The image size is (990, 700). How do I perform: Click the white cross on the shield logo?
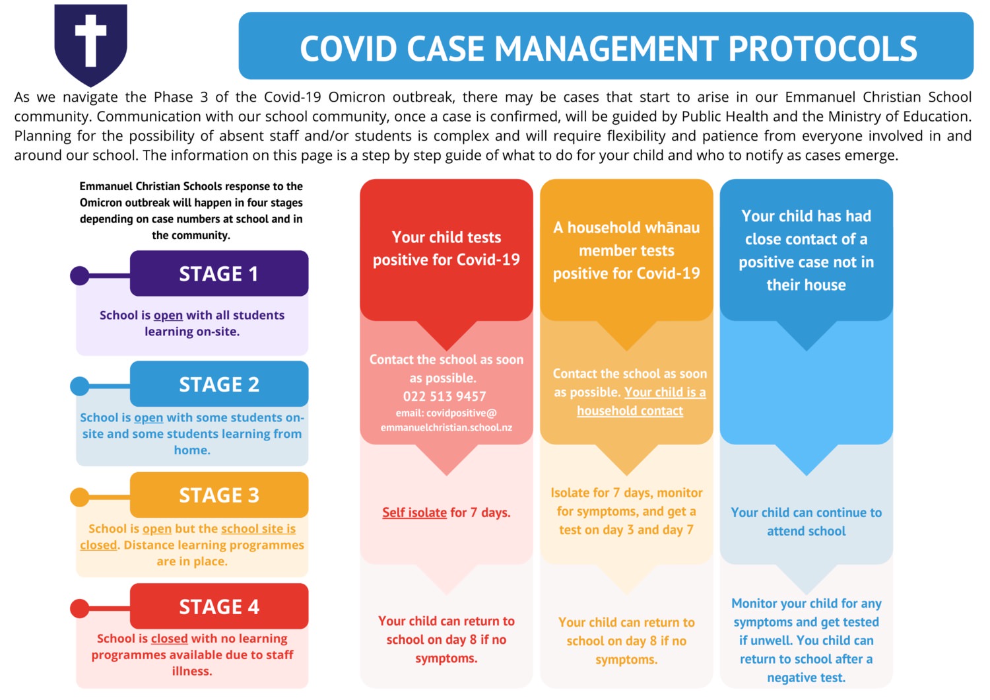point(90,40)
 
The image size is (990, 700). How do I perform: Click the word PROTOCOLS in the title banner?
point(822,48)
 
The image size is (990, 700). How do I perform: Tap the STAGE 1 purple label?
point(219,273)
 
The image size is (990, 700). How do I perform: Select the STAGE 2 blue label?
point(219,384)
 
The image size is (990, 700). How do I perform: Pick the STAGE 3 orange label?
point(219,495)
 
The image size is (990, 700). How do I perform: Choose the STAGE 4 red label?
point(219,606)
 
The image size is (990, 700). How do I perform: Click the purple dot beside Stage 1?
point(80,275)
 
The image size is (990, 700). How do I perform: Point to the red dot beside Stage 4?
point(80,608)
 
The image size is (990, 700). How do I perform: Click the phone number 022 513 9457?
point(444,396)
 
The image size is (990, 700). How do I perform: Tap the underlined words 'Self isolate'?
point(414,512)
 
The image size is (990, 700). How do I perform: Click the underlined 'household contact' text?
point(630,411)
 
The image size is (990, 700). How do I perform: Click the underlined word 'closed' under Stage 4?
point(169,639)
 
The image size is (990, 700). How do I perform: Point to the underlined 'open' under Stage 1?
point(168,316)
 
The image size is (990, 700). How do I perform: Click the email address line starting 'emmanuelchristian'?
point(446,428)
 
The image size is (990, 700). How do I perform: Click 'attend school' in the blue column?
point(806,531)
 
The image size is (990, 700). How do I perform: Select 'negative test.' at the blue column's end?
point(806,678)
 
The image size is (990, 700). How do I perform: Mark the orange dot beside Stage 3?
point(80,497)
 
